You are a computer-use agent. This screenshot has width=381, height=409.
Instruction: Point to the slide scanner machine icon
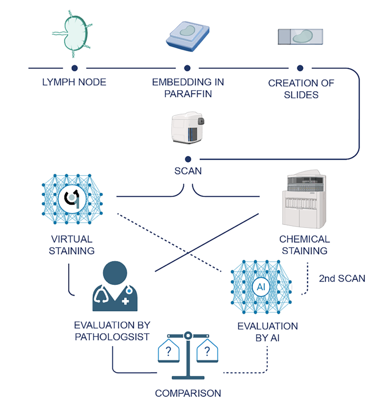[188, 128]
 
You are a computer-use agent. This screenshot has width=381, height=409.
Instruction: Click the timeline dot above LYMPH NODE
[74, 68]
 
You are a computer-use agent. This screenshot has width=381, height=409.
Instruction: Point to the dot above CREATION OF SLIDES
[300, 68]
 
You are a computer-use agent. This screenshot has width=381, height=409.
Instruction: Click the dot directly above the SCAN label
[188, 159]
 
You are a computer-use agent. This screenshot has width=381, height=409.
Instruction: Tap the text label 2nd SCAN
[342, 278]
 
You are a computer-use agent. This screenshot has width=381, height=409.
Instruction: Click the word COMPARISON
[188, 393]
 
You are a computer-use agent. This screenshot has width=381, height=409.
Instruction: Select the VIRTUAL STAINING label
[72, 245]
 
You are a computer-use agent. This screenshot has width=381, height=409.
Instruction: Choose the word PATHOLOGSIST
[112, 336]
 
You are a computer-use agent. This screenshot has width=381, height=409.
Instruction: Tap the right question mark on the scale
[207, 352]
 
